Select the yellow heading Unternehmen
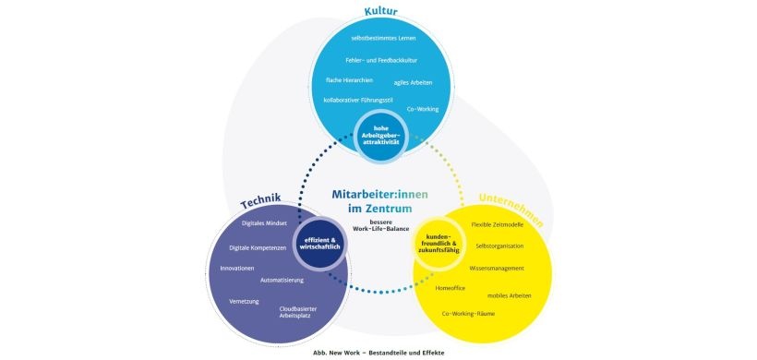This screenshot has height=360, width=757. tap(511, 210)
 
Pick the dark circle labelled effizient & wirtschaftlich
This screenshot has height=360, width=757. tap(318, 244)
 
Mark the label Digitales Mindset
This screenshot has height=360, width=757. tap(265, 223)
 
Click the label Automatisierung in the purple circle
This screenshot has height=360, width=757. tap(285, 279)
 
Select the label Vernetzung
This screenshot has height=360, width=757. tap(245, 301)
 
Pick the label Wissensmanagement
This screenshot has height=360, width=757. tap(496, 268)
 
